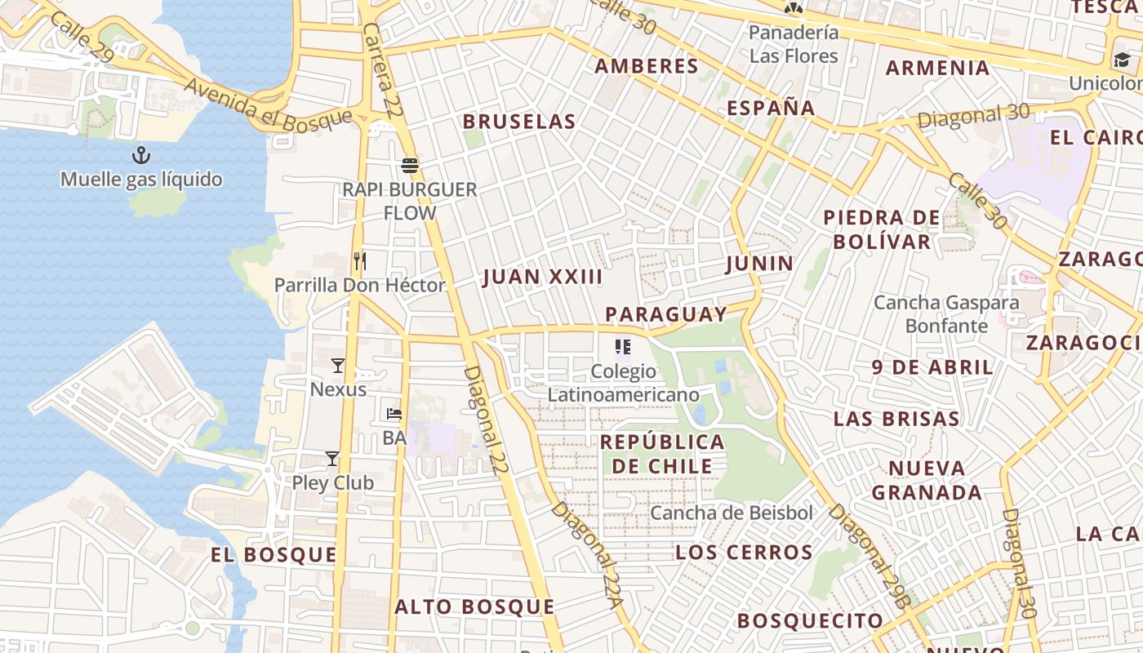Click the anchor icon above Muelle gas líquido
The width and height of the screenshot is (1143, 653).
point(142,154)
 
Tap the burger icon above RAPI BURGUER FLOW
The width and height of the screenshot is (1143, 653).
point(410,166)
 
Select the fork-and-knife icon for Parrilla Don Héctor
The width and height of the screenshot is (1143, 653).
point(359,261)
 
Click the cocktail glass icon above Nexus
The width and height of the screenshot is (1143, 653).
point(338,365)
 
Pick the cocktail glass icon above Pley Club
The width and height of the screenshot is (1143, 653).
point(332,459)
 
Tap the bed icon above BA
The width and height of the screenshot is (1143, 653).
point(394,414)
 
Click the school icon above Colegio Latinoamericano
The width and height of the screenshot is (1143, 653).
point(624,347)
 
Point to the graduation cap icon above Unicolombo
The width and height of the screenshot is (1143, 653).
point(1122,60)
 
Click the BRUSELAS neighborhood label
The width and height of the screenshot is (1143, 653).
point(519,122)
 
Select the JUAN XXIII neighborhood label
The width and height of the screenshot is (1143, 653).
point(543,277)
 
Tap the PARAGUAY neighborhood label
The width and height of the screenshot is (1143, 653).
point(666,314)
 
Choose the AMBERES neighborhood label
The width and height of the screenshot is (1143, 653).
point(647,66)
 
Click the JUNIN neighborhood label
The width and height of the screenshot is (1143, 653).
point(759,263)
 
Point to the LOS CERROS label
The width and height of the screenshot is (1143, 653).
point(744,553)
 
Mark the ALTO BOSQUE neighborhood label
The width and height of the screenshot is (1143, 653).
point(474,607)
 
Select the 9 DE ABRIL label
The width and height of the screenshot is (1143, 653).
point(932,367)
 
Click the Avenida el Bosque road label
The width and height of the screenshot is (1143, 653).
point(268,106)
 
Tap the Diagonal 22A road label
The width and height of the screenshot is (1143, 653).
point(588,555)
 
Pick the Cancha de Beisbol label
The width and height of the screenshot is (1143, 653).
point(732,513)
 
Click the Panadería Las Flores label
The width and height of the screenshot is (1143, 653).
point(794,44)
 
